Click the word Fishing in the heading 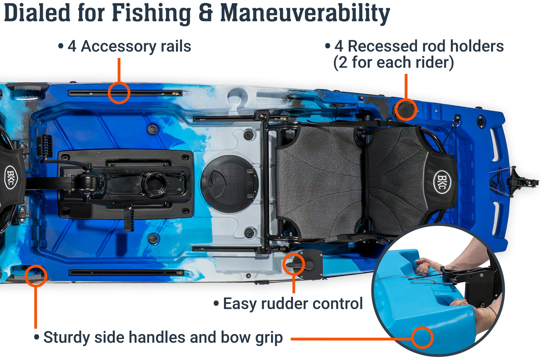click(x=151, y=13)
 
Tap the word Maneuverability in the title click(x=305, y=13)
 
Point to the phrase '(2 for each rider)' click(x=393, y=62)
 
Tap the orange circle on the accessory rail click(x=119, y=93)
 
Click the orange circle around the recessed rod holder click(x=406, y=110)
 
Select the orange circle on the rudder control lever click(x=294, y=264)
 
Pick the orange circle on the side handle click(x=36, y=276)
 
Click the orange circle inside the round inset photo click(x=422, y=338)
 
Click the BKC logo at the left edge click(x=11, y=177)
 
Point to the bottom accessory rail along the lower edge click(x=127, y=273)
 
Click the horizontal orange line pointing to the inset click(x=352, y=339)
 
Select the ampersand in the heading click(x=206, y=13)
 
